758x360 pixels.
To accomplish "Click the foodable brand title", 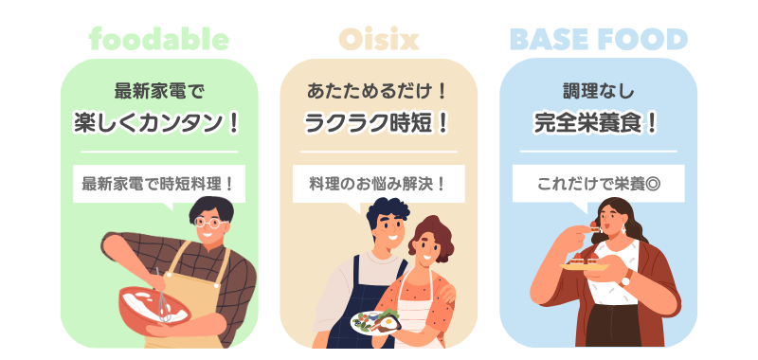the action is [x=159, y=39].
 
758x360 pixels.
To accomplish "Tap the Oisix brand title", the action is [x=378, y=39].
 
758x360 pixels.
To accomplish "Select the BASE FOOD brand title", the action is [x=599, y=39].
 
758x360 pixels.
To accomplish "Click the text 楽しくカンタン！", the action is [x=157, y=123].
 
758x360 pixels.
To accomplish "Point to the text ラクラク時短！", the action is [x=376, y=123].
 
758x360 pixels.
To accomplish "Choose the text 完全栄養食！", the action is [x=596, y=123].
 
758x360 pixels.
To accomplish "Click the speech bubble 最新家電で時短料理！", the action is [x=159, y=184].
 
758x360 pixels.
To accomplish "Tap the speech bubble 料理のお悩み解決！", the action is [x=378, y=184].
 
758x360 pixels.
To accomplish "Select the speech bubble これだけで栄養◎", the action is [x=599, y=184].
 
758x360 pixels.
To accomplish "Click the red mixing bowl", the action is [x=154, y=306].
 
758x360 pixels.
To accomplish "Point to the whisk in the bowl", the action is [x=162, y=295].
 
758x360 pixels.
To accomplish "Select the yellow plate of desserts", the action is [x=584, y=266].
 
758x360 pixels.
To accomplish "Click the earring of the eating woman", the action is [x=623, y=228].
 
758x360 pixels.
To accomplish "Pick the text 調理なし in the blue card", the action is [x=598, y=91].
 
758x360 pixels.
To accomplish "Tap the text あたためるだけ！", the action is [x=376, y=91].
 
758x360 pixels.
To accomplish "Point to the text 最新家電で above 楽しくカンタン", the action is [x=159, y=91].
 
